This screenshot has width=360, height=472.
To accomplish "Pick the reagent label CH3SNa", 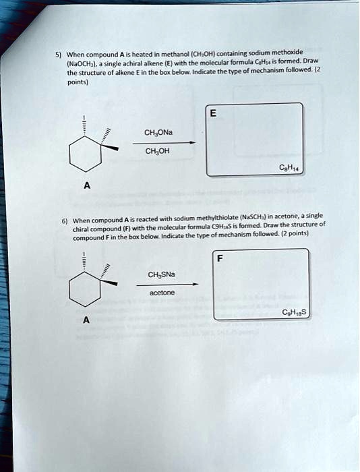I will click(x=164, y=274).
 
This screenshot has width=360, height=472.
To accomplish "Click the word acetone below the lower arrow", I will click(x=164, y=293).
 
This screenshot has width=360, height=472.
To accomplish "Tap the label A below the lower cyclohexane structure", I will click(x=86, y=320).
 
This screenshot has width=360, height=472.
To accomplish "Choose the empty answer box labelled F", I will click(x=261, y=283).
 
